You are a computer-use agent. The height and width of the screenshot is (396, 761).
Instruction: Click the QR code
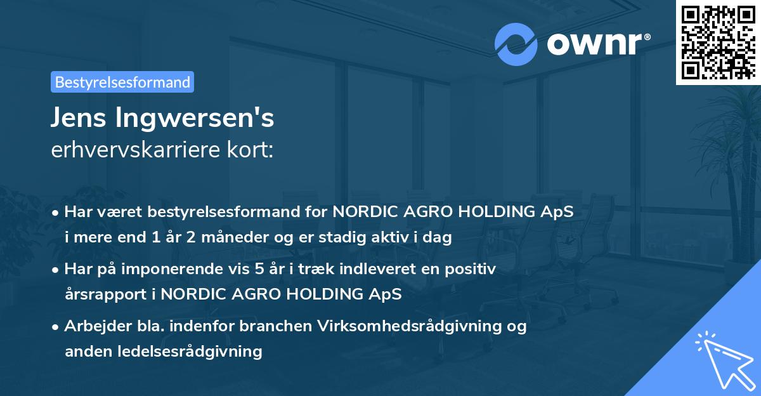point(718,42)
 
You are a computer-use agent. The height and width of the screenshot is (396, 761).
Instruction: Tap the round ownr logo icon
point(516,45)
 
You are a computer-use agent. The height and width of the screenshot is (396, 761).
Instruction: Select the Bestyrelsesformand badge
point(122,82)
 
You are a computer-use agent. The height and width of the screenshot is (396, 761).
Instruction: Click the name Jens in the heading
point(80,119)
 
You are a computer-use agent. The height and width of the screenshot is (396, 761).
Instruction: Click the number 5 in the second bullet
point(257,269)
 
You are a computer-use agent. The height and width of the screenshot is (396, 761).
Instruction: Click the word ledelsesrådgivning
point(190,352)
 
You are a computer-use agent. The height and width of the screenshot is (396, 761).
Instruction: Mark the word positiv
point(475,269)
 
